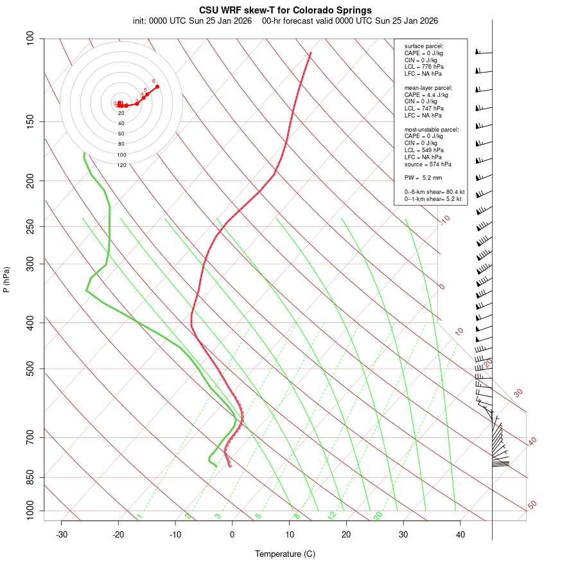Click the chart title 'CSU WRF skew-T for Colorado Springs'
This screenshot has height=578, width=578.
[285, 10]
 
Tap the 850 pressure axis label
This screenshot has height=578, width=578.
[30, 477]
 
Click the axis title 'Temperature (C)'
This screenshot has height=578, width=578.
[285, 554]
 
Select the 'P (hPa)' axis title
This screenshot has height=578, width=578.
[6, 280]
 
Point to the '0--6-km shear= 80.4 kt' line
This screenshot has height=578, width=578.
[434, 192]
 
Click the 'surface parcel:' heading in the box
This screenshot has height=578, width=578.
[424, 46]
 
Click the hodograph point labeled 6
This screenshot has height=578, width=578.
[157, 86]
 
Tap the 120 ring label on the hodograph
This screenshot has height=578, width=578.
[121, 165]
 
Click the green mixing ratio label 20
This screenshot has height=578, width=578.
[378, 515]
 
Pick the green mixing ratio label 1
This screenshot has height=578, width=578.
[139, 516]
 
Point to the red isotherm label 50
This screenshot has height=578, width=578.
[532, 505]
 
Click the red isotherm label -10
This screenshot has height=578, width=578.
[444, 220]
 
